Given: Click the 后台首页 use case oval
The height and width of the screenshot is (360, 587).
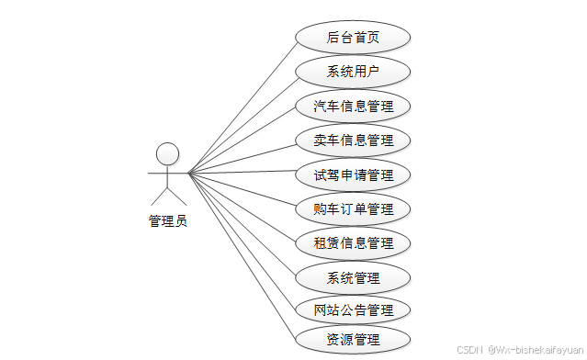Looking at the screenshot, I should tap(353, 38).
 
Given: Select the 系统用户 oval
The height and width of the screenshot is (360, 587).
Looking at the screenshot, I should tap(353, 72).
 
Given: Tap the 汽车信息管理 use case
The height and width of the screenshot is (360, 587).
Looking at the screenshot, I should tap(353, 106).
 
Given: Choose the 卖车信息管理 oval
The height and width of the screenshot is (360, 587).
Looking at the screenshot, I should tap(353, 141).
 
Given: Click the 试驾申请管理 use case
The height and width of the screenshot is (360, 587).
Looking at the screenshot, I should tap(353, 174).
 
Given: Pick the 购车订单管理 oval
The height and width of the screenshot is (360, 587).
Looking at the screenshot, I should tap(353, 208).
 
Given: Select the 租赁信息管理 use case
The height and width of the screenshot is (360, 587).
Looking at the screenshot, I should tap(353, 242).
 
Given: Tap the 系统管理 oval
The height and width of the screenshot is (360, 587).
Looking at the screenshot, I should tap(353, 276).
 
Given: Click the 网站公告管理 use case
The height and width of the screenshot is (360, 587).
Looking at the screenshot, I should tap(353, 309).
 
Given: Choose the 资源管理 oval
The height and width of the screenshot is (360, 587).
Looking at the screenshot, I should tap(353, 340).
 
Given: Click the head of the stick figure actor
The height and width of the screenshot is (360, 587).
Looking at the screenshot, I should tap(166, 153).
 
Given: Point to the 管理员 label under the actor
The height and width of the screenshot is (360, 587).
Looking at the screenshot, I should tap(167, 220).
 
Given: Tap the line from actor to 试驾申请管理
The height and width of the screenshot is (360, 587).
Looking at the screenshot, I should tap(243, 174).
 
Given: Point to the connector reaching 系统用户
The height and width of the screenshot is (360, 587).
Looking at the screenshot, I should tap(243, 121).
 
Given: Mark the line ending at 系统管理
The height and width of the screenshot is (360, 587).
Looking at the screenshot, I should tap(243, 225).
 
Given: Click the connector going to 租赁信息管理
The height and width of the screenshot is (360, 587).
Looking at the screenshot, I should tap(243, 208).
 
